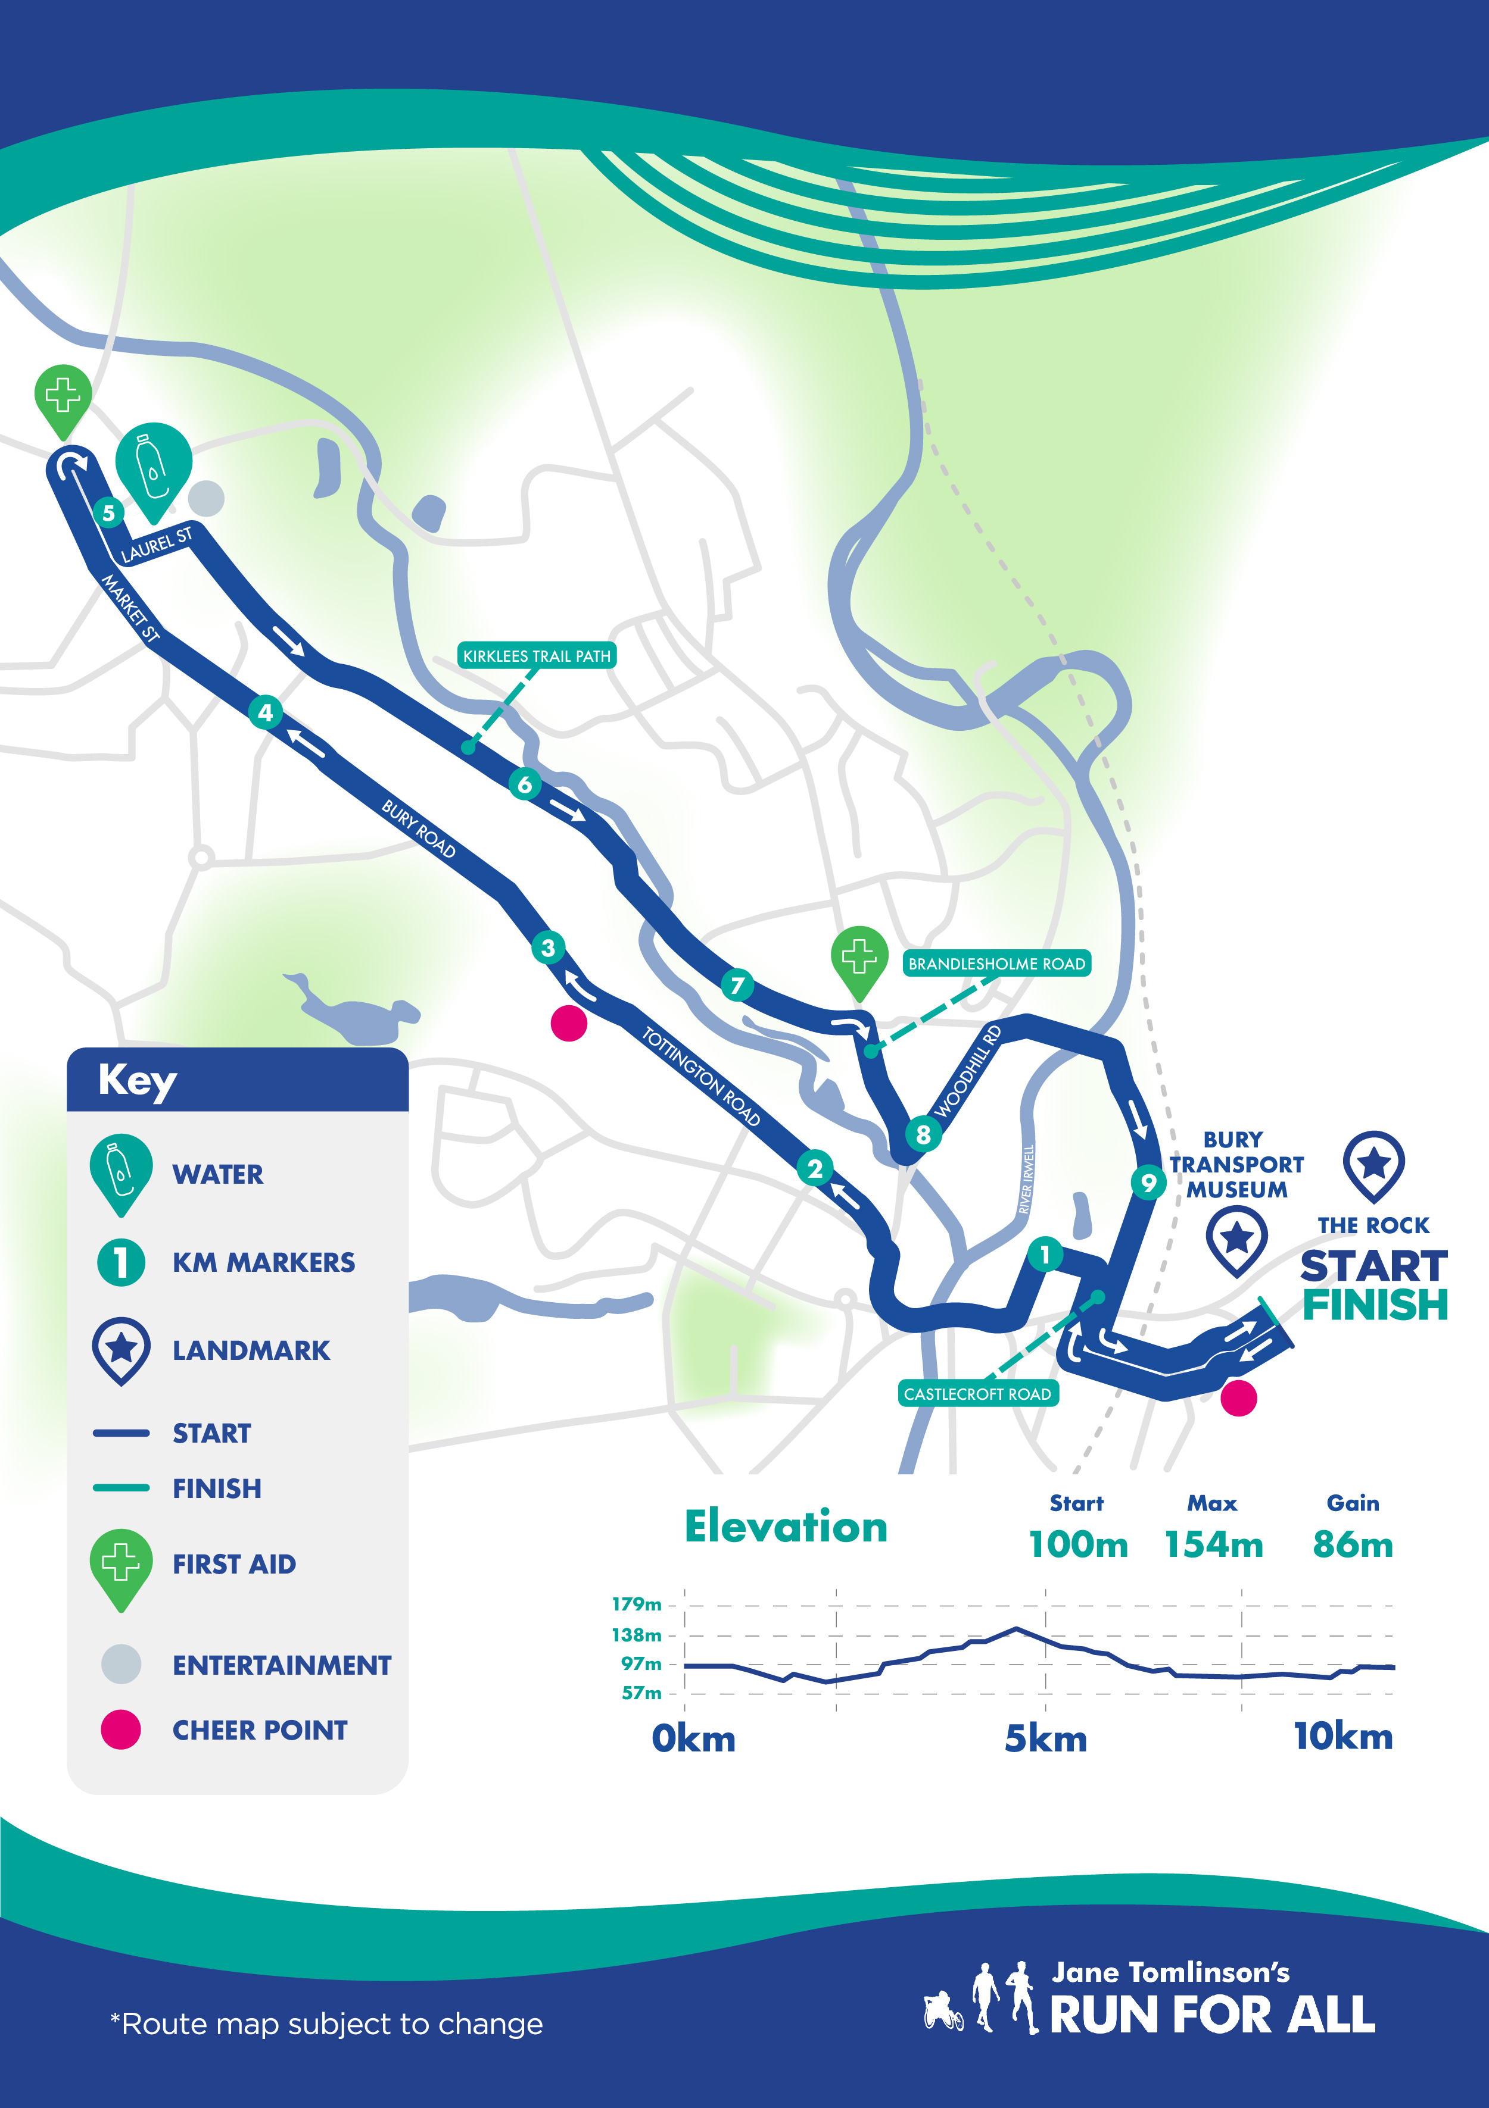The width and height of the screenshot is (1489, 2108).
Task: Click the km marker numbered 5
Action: tap(108, 512)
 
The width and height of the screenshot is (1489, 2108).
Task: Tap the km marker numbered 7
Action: tap(737, 985)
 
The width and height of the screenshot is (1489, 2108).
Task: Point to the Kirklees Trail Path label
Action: tap(537, 655)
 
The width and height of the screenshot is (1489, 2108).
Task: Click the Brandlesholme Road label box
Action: tap(996, 963)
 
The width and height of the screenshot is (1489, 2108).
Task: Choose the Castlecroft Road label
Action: tap(977, 1394)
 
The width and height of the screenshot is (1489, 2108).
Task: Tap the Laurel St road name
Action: tap(157, 545)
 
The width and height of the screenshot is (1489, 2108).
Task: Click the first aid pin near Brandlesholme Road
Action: tap(859, 959)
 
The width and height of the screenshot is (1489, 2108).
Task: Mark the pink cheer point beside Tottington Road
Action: tap(569, 1023)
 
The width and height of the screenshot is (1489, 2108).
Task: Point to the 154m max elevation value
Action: tap(1213, 1544)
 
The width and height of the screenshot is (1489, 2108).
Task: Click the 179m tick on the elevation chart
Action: tap(637, 1604)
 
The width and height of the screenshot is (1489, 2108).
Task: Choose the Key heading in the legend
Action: tap(138, 1081)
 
